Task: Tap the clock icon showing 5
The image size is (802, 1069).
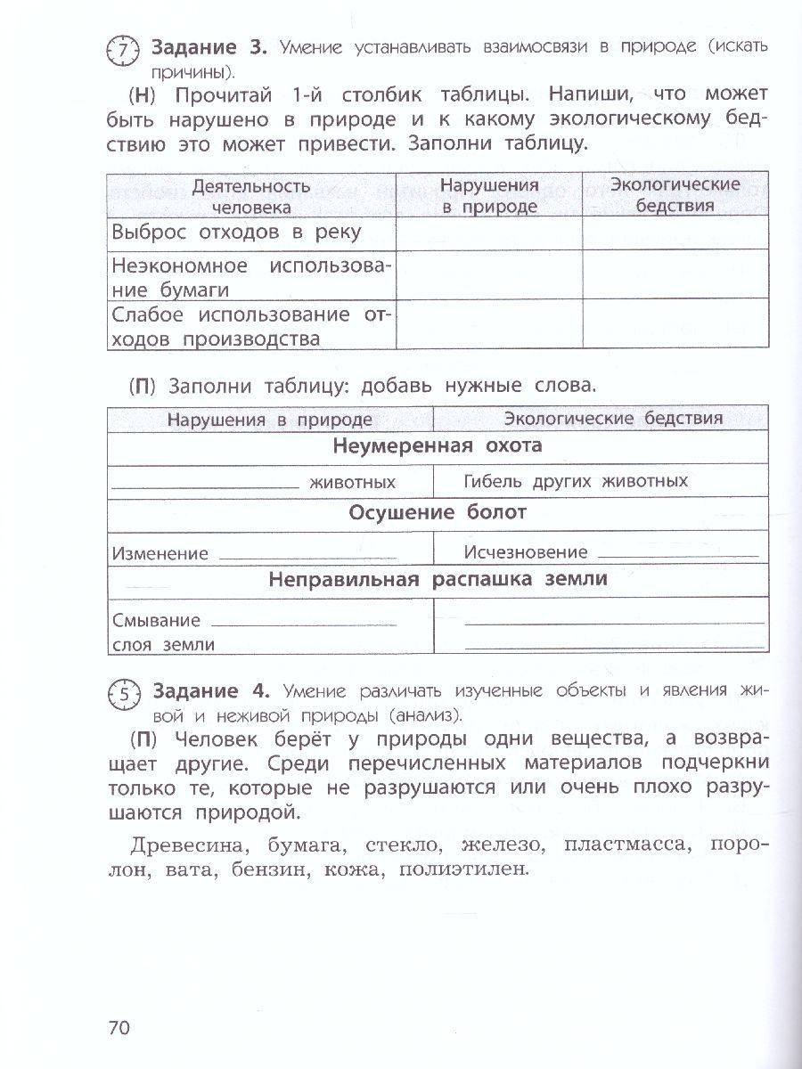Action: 124,698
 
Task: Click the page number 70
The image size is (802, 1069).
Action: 119,1027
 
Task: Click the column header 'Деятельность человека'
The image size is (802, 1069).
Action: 251,196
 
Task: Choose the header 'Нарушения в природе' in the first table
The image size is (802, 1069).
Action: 489,196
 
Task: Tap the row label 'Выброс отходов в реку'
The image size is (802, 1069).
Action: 237,233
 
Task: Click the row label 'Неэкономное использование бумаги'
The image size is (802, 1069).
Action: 251,277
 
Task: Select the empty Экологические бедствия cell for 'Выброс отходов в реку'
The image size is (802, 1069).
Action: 675,233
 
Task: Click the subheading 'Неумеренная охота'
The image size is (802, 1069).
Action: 438,446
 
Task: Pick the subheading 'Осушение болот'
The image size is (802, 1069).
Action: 438,512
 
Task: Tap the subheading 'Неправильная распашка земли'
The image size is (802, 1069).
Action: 438,579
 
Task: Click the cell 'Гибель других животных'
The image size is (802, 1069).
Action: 576,481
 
